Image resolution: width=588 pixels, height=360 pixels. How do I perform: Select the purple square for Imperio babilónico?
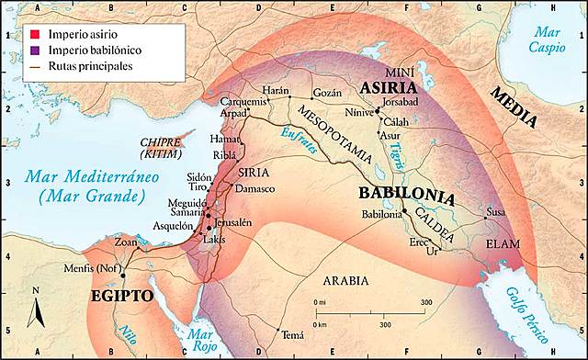point(32,51)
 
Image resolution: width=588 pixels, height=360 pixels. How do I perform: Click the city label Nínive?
point(357,116)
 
